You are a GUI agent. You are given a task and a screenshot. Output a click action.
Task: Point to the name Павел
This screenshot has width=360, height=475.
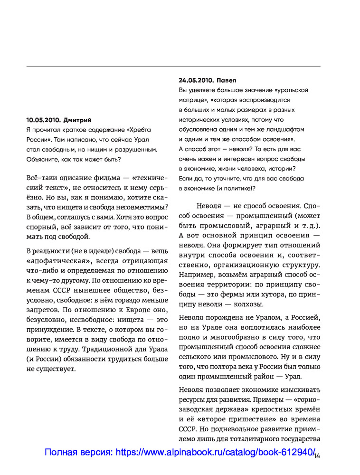point(226,80)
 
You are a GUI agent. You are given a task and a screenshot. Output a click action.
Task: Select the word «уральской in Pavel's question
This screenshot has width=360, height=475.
point(291,90)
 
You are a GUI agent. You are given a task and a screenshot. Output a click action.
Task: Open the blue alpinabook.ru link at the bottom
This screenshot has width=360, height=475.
point(180,453)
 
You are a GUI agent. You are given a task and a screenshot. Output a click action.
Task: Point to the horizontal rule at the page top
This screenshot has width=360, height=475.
point(173,66)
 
